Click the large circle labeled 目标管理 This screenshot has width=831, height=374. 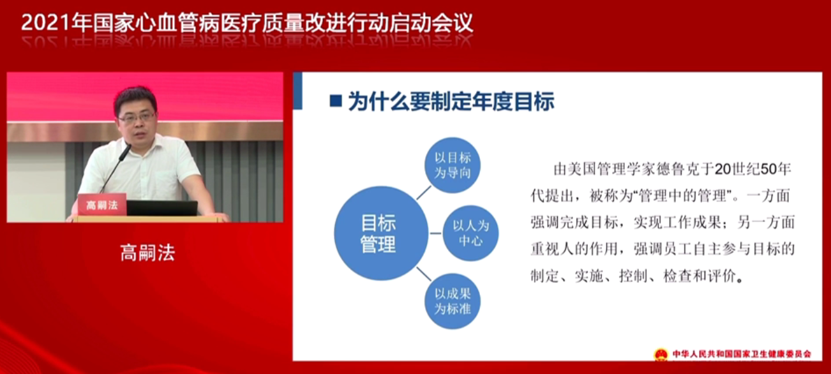point(381,234)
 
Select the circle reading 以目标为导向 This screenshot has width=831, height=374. point(453,165)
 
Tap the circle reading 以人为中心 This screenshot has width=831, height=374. point(471,233)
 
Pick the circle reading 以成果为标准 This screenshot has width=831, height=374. point(453,301)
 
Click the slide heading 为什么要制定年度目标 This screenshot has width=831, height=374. point(451,101)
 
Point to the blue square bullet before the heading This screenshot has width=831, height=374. point(336,101)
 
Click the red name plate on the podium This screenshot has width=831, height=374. point(102,204)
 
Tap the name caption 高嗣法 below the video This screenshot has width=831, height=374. point(147,253)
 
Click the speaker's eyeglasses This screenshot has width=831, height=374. point(137,118)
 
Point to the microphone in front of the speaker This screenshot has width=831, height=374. point(116,168)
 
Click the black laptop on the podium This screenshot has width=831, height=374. point(162,208)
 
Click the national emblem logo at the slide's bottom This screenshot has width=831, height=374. point(661,354)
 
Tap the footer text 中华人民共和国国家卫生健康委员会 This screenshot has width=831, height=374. point(742,354)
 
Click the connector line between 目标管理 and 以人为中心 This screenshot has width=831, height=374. point(435,234)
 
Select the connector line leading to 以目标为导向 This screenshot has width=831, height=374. point(424,193)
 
